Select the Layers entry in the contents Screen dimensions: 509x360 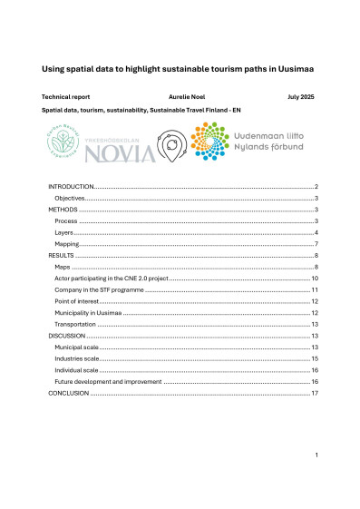click(64, 232)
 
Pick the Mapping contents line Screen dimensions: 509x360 click(67, 244)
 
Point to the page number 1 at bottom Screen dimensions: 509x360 click(315, 453)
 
